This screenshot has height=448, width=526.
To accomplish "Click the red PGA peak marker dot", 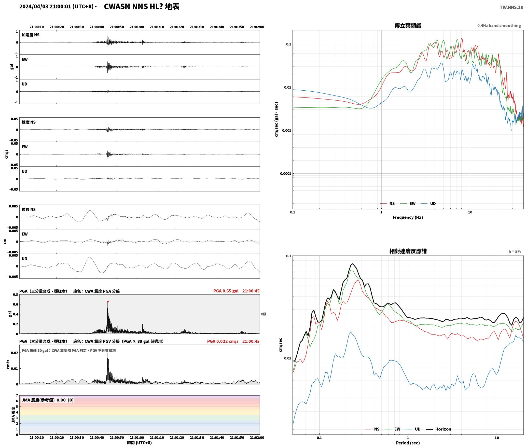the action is tap(108, 302).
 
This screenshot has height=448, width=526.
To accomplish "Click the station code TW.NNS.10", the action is tap(511, 7).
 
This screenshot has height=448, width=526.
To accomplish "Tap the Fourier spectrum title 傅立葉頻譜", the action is tap(408, 25).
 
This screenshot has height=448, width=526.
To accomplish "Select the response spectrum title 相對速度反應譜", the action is tap(408, 251).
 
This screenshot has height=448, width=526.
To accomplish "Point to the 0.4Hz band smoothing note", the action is tap(499, 25).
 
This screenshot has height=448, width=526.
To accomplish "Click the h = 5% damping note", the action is tap(515, 251).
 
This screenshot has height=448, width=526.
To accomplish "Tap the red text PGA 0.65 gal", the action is tap(226, 291).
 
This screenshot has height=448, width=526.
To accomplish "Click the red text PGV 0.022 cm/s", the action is tap(223, 341).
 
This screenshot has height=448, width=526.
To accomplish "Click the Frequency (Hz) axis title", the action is tap(408, 217).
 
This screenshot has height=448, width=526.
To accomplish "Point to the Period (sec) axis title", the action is tap(408, 443).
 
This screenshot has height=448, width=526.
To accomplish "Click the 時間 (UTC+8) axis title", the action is tap(140, 443).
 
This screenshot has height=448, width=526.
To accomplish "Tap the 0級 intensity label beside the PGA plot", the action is tap(264, 314).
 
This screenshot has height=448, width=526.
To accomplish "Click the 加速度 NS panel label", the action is tap(31, 35).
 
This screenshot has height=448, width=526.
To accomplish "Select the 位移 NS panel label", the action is tap(29, 209).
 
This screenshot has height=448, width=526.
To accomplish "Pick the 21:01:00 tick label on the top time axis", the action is tap(137, 27).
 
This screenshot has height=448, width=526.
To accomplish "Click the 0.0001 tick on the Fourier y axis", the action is tap(285, 174).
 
